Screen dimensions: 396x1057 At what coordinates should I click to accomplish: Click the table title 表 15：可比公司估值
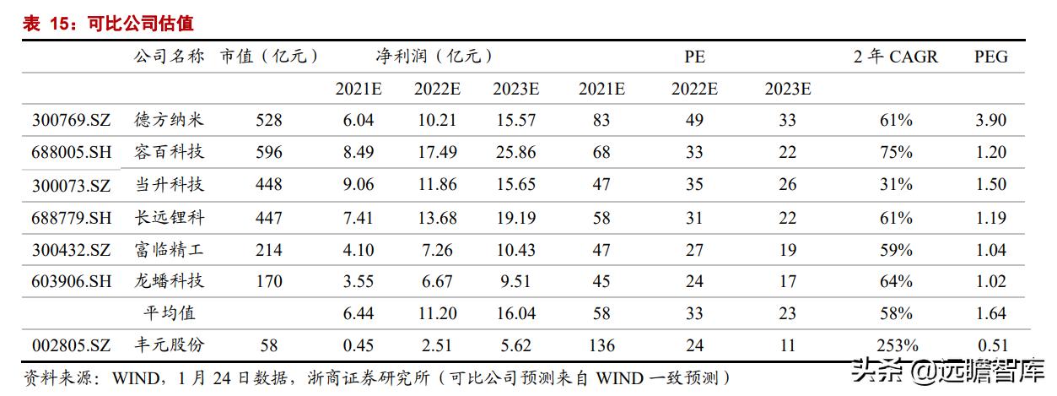108,24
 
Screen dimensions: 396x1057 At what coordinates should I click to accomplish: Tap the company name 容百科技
169,153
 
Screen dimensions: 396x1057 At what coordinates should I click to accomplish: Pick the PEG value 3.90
990,121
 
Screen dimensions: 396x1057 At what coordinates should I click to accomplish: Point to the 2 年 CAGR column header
895,57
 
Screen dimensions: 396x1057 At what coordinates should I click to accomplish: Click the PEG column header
991,57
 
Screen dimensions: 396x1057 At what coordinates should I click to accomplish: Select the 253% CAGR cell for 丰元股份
896,345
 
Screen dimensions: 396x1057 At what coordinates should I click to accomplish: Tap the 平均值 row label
169,313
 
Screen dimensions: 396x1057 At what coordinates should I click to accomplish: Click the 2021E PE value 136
601,345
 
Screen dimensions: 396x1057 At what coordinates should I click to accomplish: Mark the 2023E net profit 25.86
516,153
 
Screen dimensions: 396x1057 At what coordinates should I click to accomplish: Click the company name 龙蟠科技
169,281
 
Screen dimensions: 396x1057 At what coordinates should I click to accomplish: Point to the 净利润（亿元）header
434,57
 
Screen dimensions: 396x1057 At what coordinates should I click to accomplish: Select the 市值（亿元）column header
269,57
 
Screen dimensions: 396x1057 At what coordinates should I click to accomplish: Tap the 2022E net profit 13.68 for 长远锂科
437,218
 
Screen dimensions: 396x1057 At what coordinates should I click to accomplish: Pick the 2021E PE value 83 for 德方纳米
601,121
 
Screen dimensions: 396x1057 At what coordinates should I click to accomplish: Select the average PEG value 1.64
990,313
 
